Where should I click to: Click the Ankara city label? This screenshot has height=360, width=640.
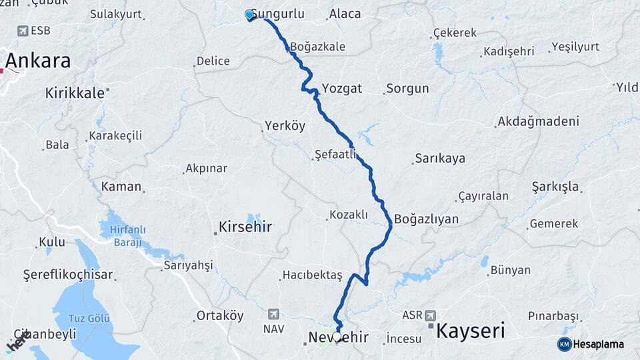pos(38,61)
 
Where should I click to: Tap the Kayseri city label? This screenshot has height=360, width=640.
pos(470,330)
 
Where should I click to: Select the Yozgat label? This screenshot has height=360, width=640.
pos(341,88)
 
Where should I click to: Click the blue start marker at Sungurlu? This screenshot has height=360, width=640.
pos(249,15)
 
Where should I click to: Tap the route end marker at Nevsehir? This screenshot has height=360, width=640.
pos(338,338)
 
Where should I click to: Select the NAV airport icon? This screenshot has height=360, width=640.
pos(273,314)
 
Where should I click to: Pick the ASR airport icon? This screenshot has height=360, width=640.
pos(429,315)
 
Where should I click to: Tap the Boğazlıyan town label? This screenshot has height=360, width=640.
pos(426,219)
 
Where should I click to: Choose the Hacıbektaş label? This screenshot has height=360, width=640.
pos(312,275)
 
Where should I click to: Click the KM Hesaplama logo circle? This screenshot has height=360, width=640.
pos(564,344)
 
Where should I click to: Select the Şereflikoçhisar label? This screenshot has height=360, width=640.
pos(69,275)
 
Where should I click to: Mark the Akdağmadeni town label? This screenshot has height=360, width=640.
pos(537,122)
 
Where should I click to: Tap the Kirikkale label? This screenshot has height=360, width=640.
pos(75,93)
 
